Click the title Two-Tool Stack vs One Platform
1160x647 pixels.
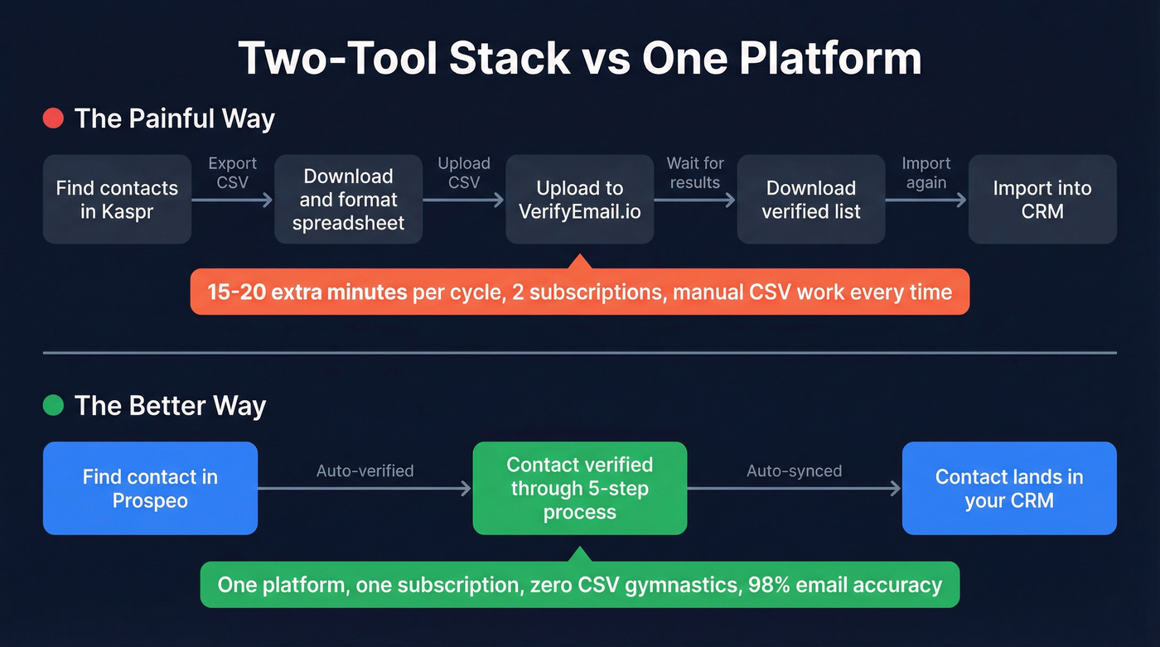pos(579,58)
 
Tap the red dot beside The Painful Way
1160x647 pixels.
pos(53,118)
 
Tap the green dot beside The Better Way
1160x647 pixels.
pos(53,406)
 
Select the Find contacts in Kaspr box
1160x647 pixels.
pos(117,200)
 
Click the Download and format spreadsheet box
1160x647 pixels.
pos(348,200)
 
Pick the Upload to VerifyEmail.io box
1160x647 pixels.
pos(579,200)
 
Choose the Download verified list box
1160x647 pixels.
pos(810,200)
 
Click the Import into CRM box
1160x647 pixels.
pos(1042,200)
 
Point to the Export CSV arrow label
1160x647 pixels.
pos(232,172)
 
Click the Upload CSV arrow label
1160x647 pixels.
pos(464,172)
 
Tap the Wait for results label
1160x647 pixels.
pos(695,172)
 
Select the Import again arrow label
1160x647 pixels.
pos(926,172)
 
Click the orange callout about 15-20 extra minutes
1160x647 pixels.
pos(579,292)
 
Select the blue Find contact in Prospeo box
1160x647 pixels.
pos(150,489)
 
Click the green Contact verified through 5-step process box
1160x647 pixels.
pos(579,489)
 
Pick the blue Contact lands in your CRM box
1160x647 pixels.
pos(1009,489)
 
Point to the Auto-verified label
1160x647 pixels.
pos(365,471)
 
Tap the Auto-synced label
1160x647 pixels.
pos(794,471)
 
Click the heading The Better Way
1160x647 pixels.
pos(170,406)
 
